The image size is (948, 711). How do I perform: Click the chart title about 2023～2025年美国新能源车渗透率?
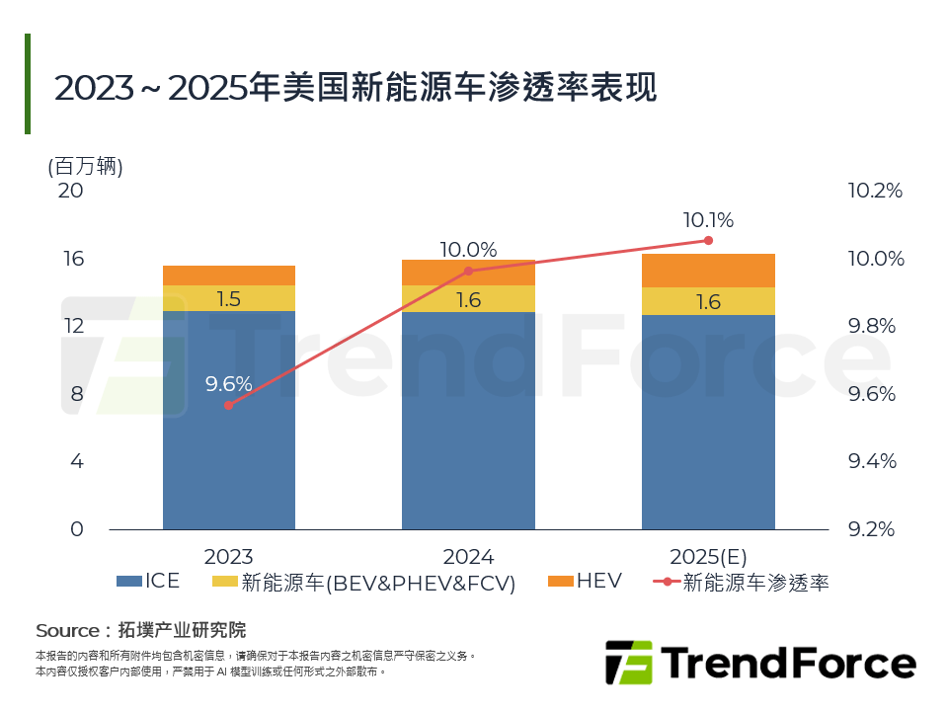pos(355,87)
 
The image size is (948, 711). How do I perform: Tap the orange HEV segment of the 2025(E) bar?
pos(708,271)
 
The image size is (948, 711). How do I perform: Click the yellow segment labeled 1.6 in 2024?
pos(468,299)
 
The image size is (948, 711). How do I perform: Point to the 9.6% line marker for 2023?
pos(229,405)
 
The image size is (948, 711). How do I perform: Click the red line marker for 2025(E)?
pos(708,240)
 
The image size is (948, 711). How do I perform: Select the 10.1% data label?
pos(708,220)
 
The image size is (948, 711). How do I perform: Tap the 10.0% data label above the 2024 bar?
pos(468,250)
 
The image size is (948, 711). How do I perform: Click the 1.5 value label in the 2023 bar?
pos(229,299)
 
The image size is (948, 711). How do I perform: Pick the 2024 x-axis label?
pos(468,557)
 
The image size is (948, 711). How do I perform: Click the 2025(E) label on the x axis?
pos(708,557)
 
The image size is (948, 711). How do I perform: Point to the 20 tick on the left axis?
pos(70,191)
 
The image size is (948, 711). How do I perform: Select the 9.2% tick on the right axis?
pos(875,529)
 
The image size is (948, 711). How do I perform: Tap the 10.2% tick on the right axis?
pos(875,191)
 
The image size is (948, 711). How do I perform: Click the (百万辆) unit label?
pos(85,166)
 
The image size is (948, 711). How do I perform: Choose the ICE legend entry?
pos(149,582)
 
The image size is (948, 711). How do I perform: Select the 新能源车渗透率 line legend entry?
pos(741,583)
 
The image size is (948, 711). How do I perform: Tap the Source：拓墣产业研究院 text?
pos(140,630)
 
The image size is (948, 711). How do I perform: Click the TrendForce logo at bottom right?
pos(760,662)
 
